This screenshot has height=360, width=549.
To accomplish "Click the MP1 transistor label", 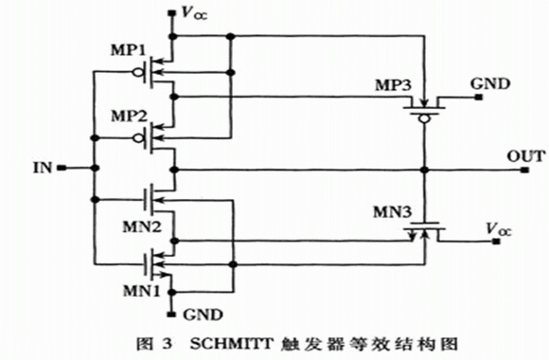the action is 128,50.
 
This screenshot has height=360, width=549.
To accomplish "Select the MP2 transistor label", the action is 129,116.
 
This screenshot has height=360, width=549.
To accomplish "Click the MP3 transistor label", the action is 394,85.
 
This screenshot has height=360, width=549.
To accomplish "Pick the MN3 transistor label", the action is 393,211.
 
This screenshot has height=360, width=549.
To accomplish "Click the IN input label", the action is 43,168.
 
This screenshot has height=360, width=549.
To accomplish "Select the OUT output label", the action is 526,156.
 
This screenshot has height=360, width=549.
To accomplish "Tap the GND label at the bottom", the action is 203,315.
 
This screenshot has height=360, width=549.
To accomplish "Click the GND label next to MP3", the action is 490,84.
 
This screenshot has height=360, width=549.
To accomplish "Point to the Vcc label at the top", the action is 194,13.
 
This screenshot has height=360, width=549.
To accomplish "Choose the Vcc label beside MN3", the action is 499,229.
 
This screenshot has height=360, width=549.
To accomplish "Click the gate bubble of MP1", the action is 138,73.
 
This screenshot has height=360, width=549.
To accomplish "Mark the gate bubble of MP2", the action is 138,138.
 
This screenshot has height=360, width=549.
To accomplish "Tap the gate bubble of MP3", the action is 424,119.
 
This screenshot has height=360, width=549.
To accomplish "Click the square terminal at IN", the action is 62,168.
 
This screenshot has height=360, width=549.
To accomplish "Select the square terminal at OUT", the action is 524,170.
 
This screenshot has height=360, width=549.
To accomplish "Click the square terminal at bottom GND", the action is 171,315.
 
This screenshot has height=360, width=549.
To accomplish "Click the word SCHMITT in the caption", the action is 232,344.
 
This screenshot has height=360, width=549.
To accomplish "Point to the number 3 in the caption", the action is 168,344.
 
